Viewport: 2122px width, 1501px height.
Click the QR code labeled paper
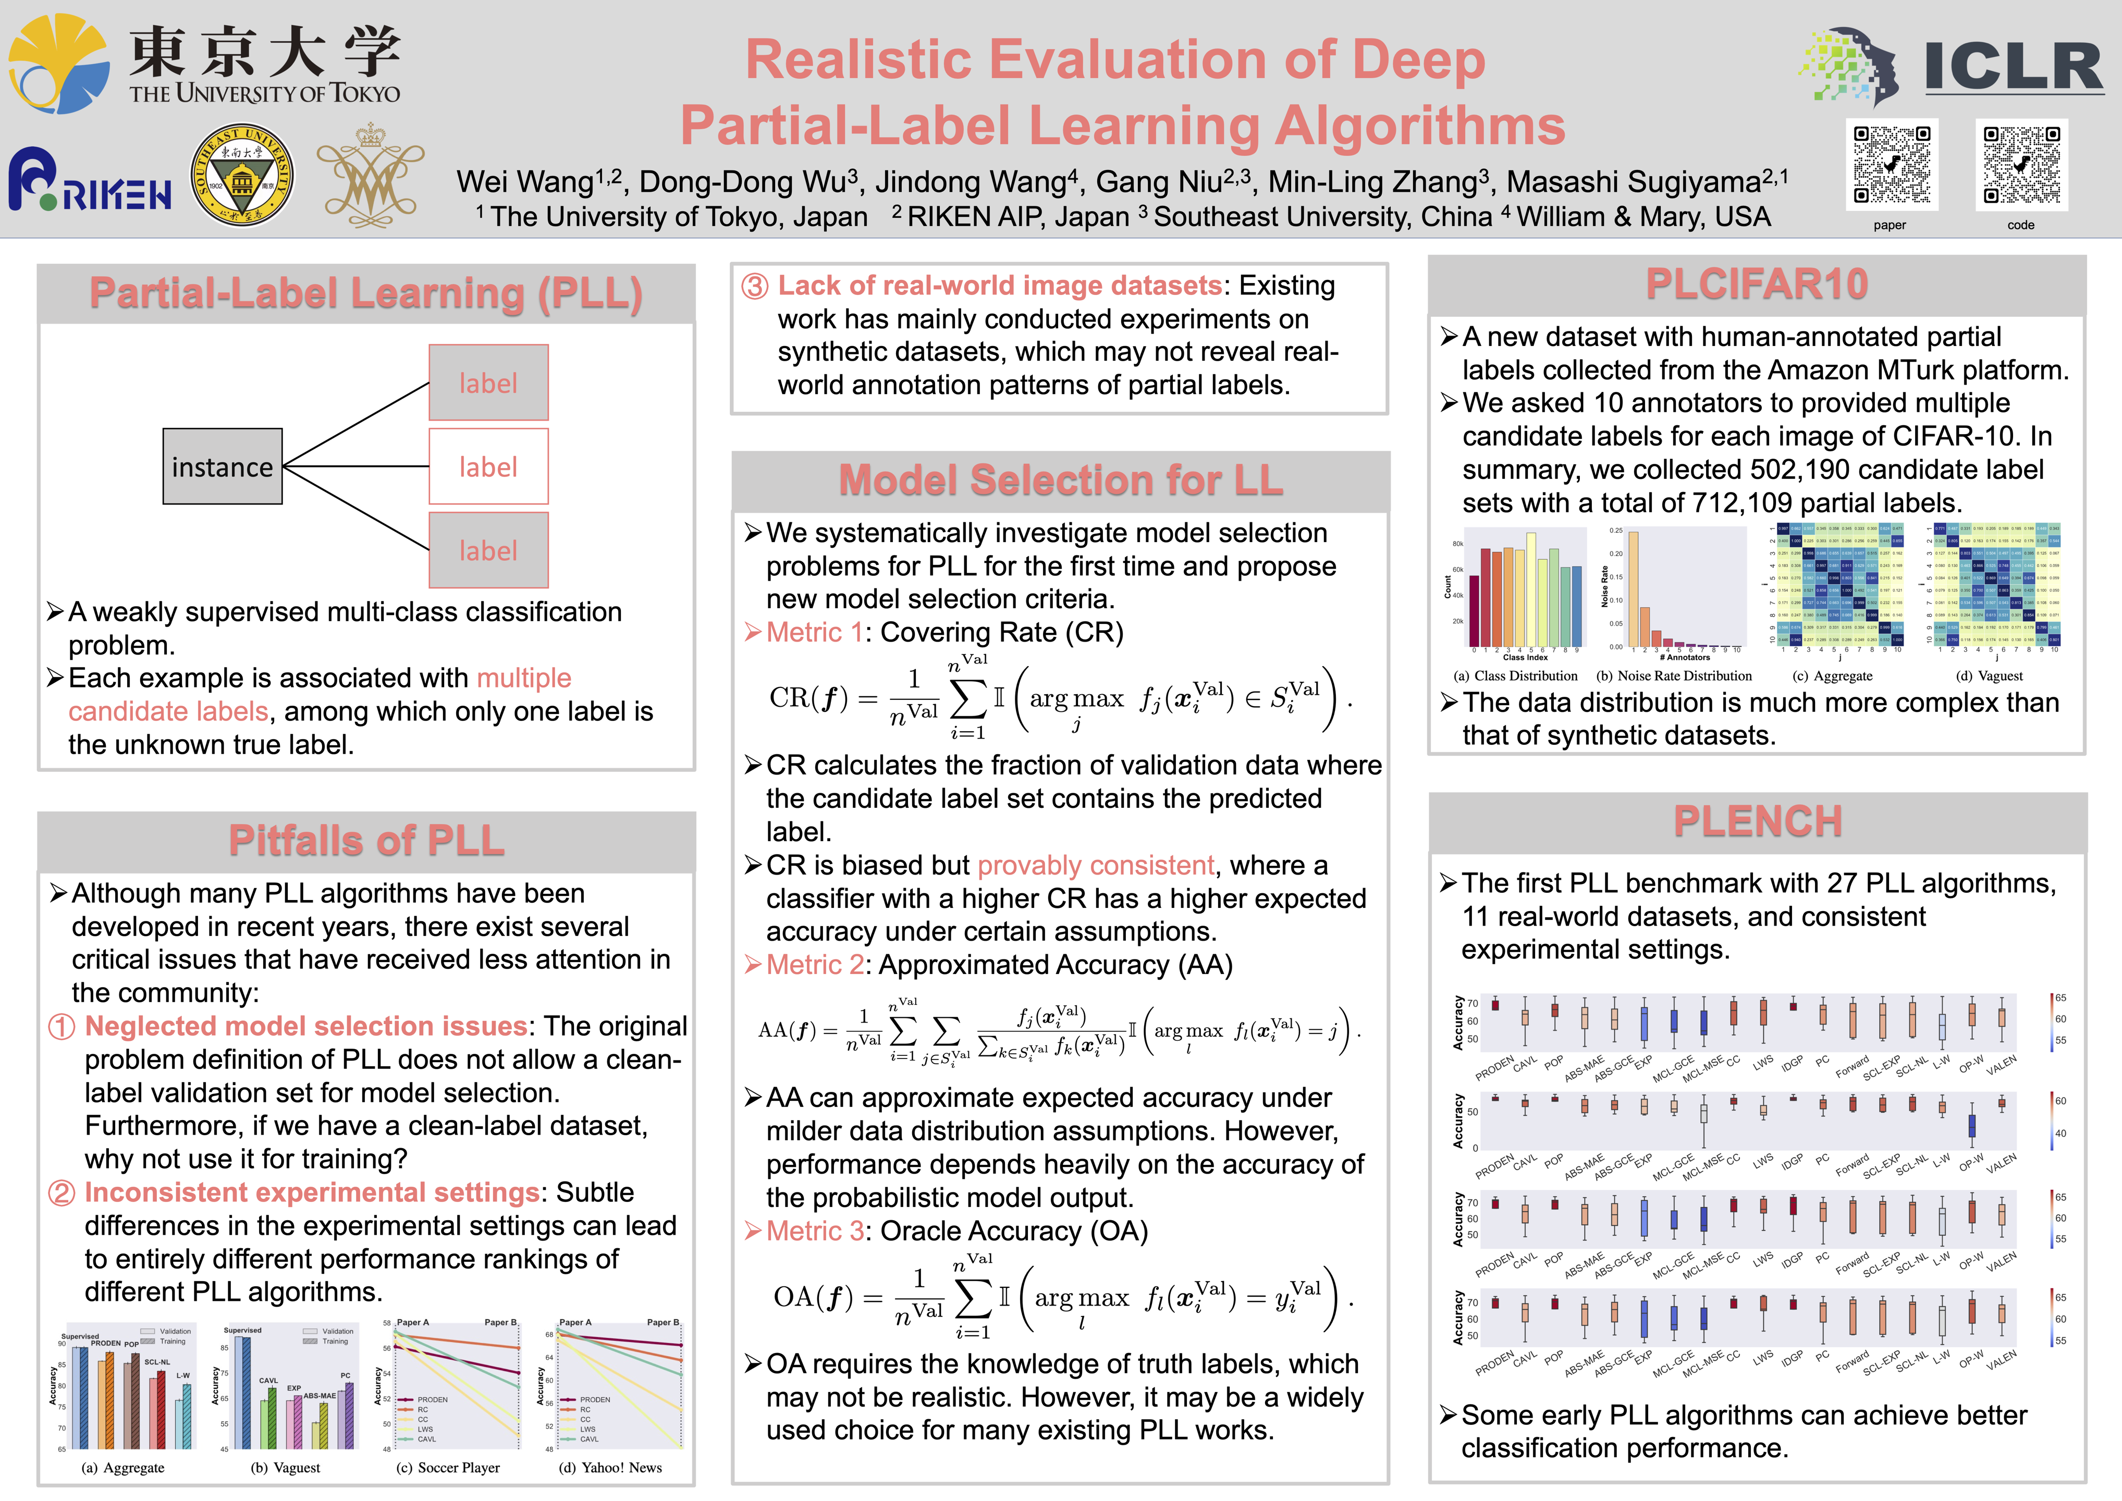[1891, 165]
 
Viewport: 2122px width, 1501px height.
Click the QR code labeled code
[2021, 165]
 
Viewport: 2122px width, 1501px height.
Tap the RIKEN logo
[90, 180]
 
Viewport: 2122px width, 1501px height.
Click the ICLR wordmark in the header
[2013, 67]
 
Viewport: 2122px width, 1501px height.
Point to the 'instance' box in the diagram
[222, 467]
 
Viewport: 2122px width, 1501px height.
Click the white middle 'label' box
[488, 467]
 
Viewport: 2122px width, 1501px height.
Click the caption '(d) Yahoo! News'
[610, 1468]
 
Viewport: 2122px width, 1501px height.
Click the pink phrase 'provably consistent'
[1095, 865]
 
